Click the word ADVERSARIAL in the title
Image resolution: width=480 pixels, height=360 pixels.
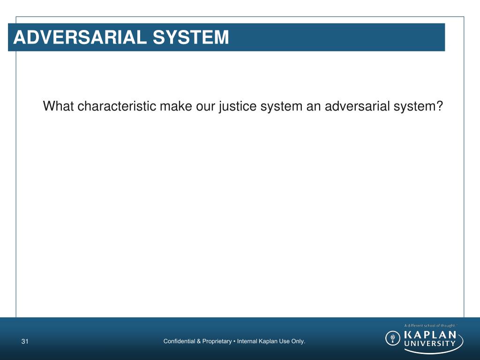click(75, 37)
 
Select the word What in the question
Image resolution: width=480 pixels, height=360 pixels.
click(59, 106)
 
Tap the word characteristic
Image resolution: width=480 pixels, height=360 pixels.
click(117, 106)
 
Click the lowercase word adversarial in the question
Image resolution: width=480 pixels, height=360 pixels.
click(355, 106)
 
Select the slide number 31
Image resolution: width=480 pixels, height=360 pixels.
click(25, 341)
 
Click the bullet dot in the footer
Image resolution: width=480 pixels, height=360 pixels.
click(234, 341)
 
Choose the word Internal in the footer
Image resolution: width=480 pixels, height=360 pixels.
click(247, 341)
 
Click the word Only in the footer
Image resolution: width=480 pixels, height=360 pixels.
click(298, 341)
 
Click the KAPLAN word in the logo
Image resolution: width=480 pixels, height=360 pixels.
click(429, 334)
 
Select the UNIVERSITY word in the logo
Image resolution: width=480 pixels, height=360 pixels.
click(429, 343)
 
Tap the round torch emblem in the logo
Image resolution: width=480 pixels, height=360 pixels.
click(393, 338)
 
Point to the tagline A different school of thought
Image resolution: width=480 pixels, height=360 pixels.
click(429, 325)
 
